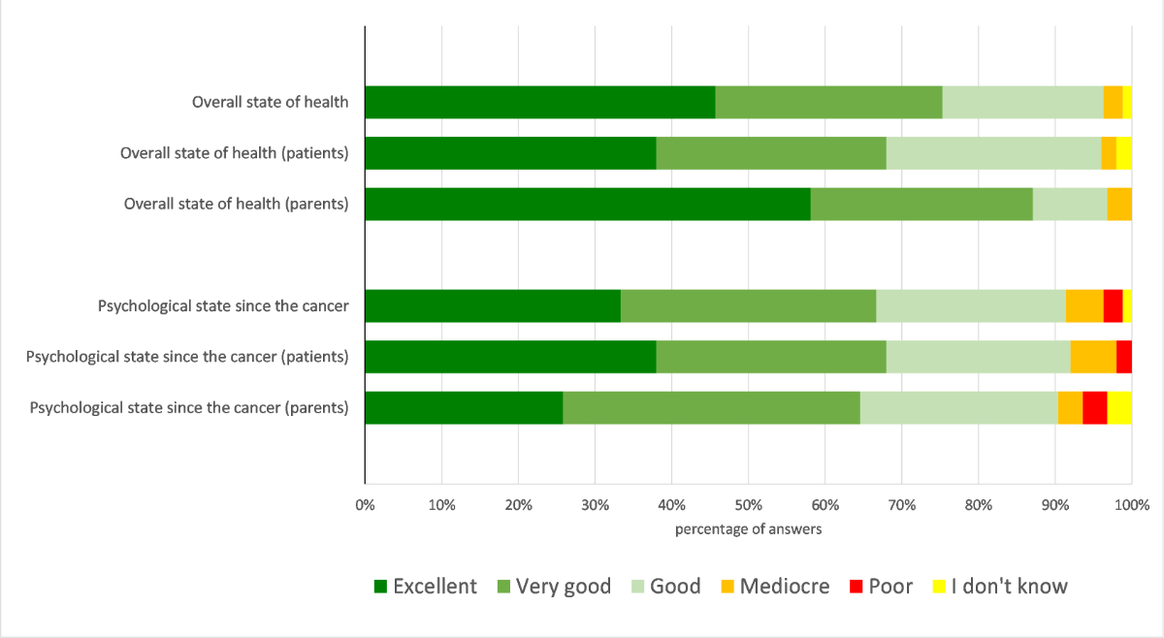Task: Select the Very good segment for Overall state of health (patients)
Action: (771, 153)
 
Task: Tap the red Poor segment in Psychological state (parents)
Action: (1095, 407)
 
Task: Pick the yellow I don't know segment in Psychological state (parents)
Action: (1119, 407)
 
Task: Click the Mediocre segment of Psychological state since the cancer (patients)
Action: (1093, 357)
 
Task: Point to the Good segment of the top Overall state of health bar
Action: (1022, 102)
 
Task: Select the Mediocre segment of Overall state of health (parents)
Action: (1119, 204)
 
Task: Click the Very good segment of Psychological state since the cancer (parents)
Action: (711, 407)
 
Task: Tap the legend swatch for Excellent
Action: (380, 587)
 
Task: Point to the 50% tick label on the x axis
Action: (748, 504)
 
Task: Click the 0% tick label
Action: (365, 504)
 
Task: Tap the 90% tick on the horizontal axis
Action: (1054, 504)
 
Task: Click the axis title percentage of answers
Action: (748, 528)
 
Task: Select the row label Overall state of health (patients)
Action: (234, 153)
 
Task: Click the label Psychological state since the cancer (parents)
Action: (189, 407)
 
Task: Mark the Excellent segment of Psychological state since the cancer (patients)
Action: (510, 357)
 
